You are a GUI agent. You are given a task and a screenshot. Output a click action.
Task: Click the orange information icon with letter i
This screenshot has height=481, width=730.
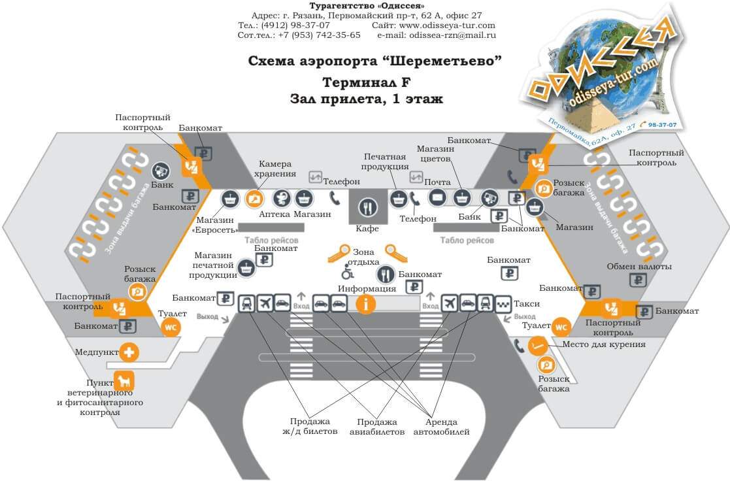[x=366, y=303]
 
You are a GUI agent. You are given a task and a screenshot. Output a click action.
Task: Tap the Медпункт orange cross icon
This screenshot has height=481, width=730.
[x=129, y=353]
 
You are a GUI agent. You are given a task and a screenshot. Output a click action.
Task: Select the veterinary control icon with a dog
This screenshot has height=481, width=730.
[x=124, y=380]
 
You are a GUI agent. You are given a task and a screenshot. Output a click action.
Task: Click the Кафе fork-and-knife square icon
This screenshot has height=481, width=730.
[x=368, y=208]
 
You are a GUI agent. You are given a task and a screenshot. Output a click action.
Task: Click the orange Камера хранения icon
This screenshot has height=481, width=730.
[x=254, y=198]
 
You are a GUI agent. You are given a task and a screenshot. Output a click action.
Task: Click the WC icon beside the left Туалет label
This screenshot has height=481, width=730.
[x=171, y=327]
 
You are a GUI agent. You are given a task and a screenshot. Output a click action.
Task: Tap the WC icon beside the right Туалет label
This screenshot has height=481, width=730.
[x=561, y=326]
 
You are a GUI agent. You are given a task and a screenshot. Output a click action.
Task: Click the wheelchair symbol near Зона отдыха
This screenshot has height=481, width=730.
[x=348, y=273]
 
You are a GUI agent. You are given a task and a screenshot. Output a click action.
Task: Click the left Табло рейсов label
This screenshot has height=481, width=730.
[x=271, y=240]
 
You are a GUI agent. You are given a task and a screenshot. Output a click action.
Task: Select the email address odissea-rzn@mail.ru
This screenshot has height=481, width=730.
[x=452, y=35]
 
